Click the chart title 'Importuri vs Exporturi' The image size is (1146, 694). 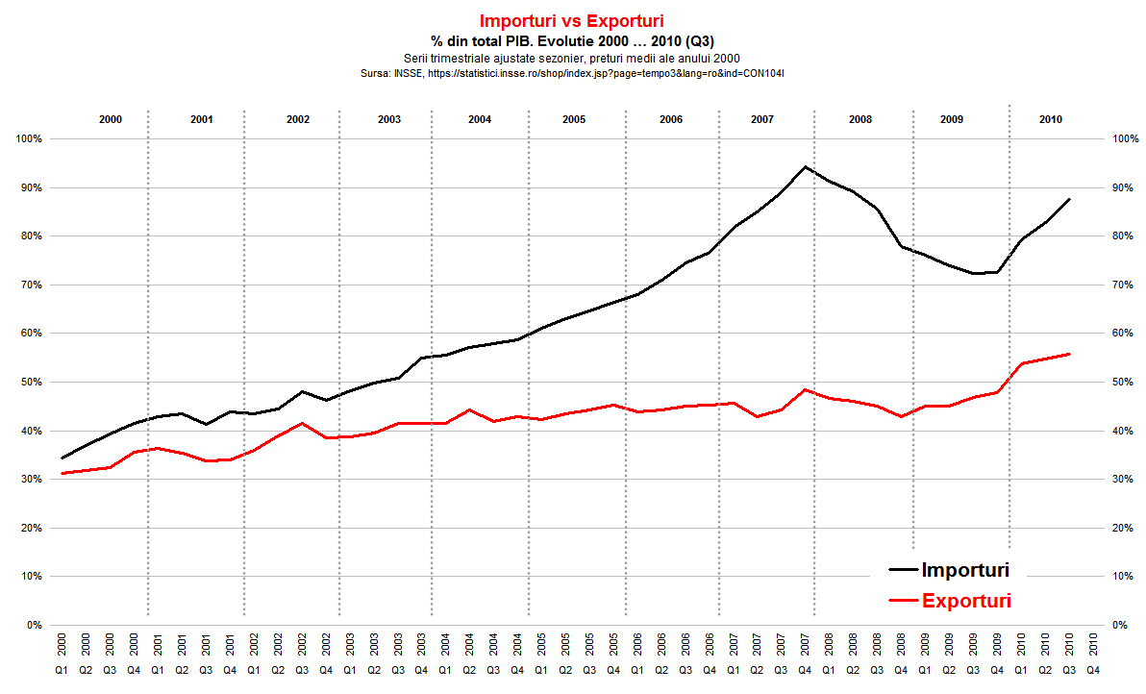572,20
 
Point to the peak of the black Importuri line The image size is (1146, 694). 805,166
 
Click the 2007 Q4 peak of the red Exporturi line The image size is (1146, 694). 805,389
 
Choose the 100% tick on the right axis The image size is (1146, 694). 1125,139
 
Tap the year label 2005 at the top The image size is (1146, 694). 574,119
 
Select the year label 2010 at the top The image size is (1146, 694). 1051,119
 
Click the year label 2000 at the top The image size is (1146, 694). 111,119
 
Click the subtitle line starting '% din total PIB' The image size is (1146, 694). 572,40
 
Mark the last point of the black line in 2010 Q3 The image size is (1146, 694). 1069,199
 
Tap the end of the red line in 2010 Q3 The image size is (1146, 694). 1069,354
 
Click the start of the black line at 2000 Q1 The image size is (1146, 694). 62,458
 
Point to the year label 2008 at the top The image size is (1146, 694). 860,119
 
